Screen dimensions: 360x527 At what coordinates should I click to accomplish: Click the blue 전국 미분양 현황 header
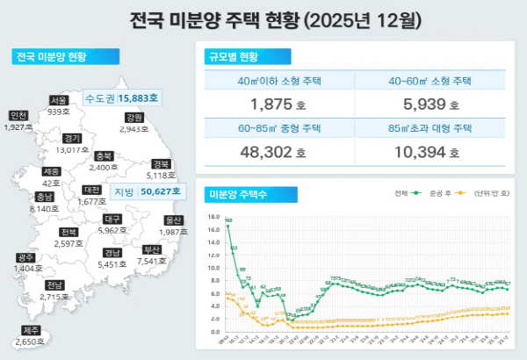pos(51,57)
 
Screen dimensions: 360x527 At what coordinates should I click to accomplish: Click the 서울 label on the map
pos(59,100)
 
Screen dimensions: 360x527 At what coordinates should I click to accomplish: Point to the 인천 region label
pos(18,116)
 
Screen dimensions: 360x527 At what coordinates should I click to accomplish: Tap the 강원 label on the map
pos(134,118)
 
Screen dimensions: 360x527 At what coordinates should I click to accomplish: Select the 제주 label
pos(31,330)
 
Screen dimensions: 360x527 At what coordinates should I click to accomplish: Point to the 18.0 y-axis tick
pos(213,216)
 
